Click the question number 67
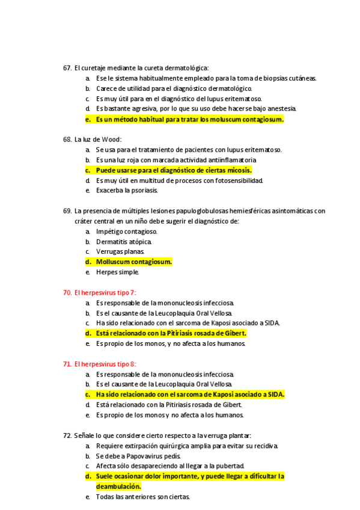(x=67, y=68)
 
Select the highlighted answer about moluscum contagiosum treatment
(x=189, y=119)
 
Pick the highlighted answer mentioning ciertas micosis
(x=174, y=170)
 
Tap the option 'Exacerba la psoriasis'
(x=127, y=191)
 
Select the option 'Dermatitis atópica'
(x=124, y=242)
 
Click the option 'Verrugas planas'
(x=120, y=252)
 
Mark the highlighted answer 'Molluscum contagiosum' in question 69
(x=134, y=262)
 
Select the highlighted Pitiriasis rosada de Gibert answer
(x=171, y=333)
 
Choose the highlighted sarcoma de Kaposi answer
(x=190, y=395)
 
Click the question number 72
(x=67, y=435)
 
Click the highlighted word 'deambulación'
(x=118, y=487)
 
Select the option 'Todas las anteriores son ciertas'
(x=143, y=497)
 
